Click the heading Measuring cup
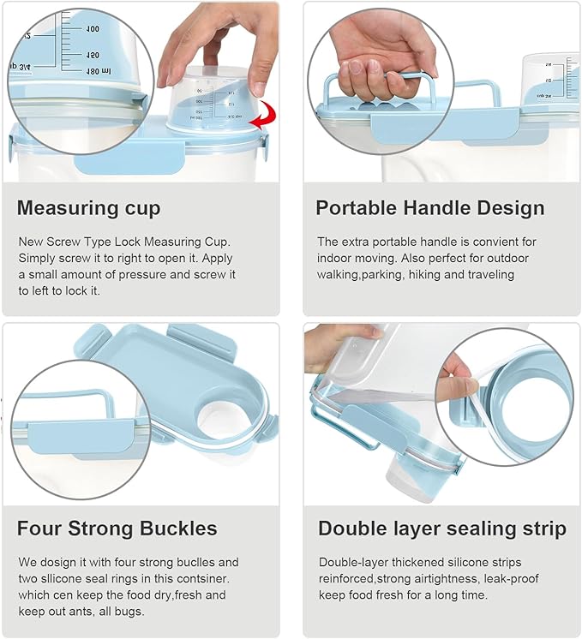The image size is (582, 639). pos(88,208)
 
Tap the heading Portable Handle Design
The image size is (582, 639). pos(429,208)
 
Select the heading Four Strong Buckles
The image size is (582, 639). pos(117,528)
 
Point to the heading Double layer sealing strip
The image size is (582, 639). pos(441,529)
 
